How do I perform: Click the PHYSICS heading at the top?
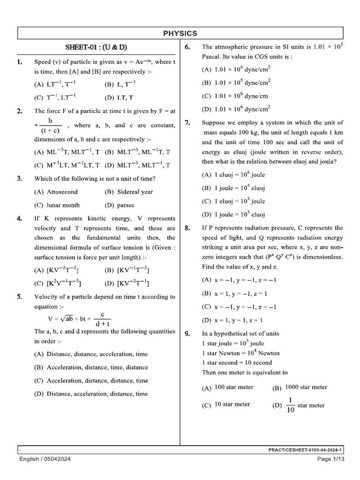click(180, 33)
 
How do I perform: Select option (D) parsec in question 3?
click(120, 205)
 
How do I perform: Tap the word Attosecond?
click(62, 192)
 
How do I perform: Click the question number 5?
click(19, 297)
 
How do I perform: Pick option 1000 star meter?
click(306, 387)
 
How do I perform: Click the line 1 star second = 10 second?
click(237, 363)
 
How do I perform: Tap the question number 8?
click(187, 228)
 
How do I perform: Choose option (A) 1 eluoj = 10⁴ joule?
click(233, 175)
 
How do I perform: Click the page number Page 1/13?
click(330, 459)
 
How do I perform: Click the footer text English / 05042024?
click(45, 459)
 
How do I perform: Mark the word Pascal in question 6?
click(211, 56)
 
